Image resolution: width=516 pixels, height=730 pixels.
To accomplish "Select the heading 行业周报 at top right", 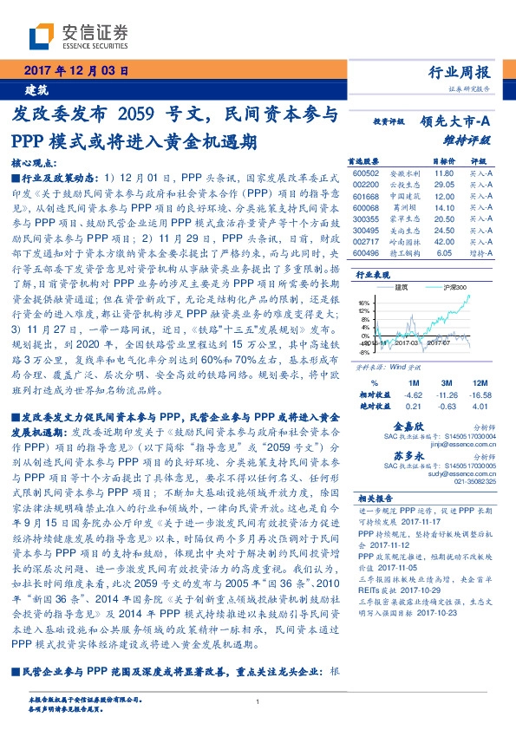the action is click(466, 73).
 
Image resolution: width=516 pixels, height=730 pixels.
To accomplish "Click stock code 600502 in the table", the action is click(367, 174).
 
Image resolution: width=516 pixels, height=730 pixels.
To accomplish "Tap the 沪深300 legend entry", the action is click(454, 286).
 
